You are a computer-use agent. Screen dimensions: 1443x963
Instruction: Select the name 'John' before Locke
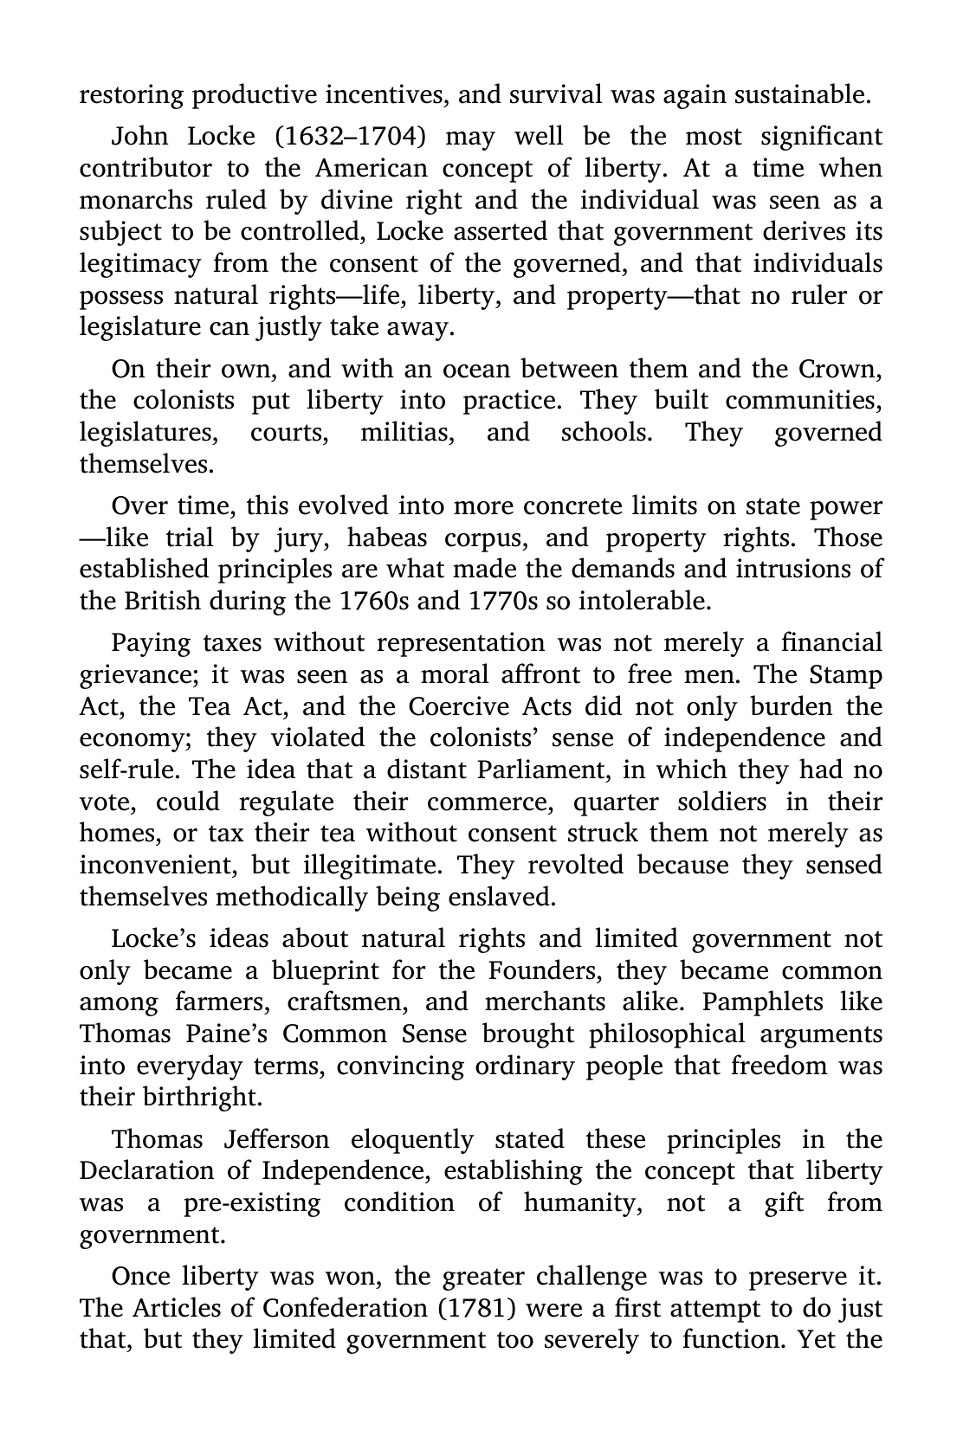coord(139,137)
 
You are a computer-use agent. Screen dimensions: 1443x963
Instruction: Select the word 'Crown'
coord(838,370)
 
